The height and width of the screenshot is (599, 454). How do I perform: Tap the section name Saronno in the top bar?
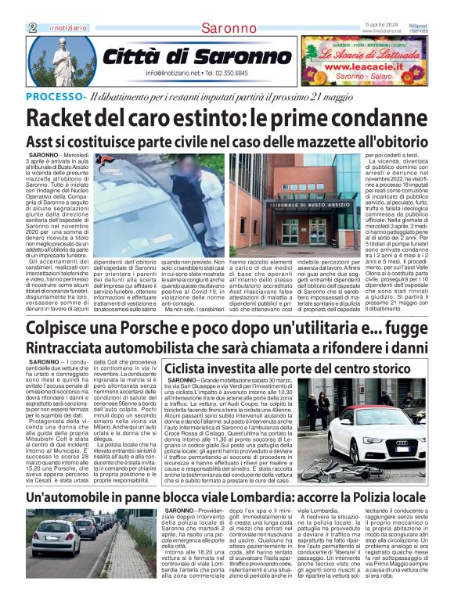tap(228, 28)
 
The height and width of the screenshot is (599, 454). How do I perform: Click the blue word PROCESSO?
tap(56, 96)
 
